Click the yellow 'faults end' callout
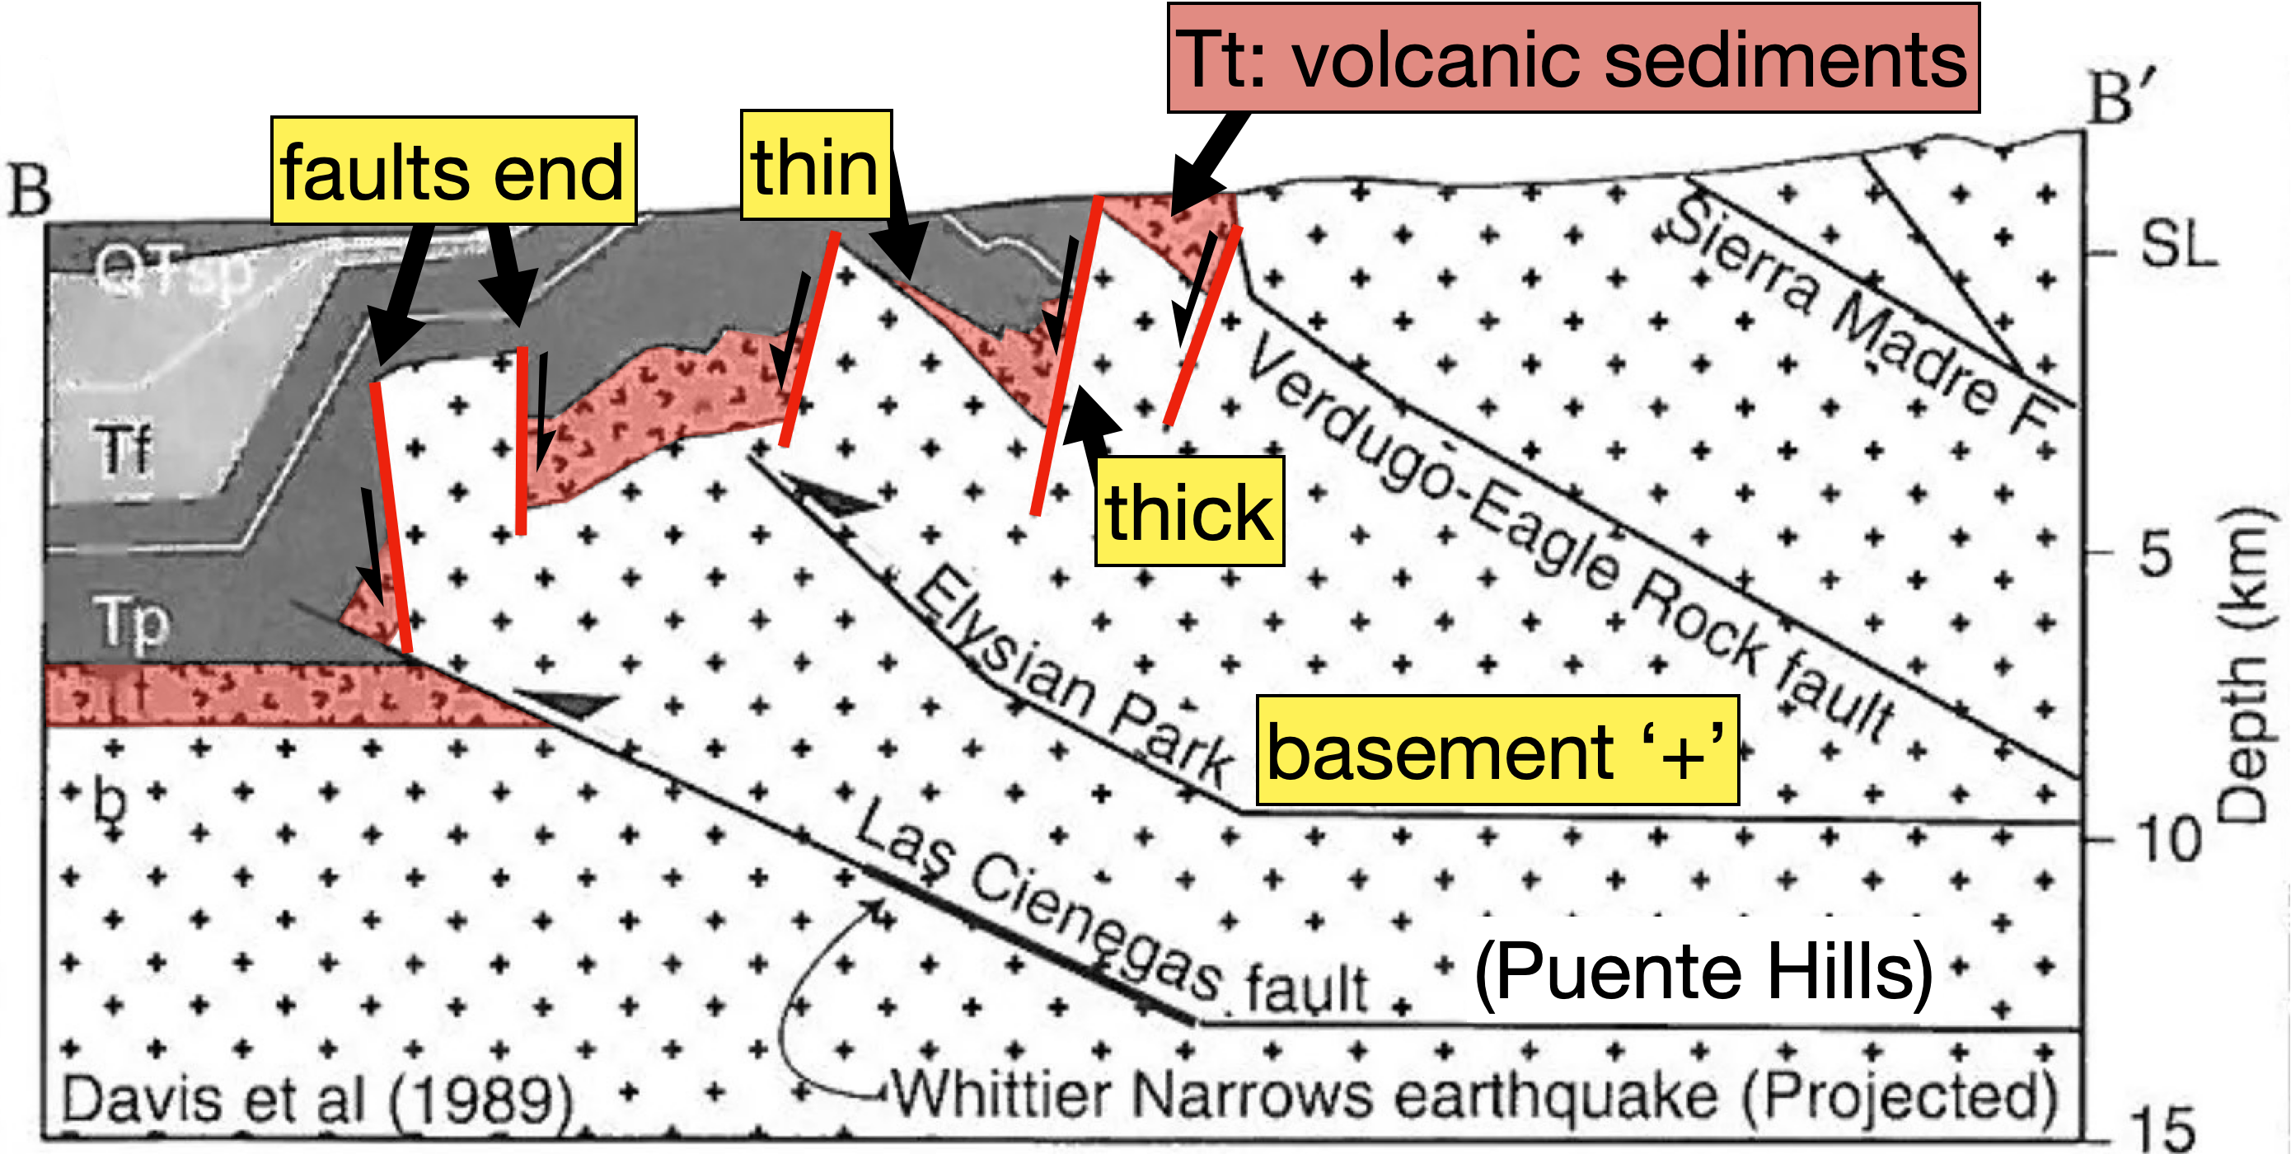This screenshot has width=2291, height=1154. [x=452, y=171]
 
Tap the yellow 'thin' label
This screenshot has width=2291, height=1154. [x=816, y=166]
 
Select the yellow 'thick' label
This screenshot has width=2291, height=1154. [x=1189, y=512]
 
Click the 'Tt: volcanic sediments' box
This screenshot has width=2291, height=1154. [x=1572, y=59]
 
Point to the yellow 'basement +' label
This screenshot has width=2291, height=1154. [x=1497, y=751]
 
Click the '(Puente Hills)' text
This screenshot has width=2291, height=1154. [x=1703, y=972]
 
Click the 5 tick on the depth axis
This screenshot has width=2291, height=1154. [x=2155, y=553]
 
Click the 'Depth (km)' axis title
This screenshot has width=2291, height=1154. [x=2246, y=663]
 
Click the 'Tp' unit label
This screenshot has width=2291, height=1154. [x=132, y=621]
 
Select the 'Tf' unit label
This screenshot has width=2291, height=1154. [x=123, y=450]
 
